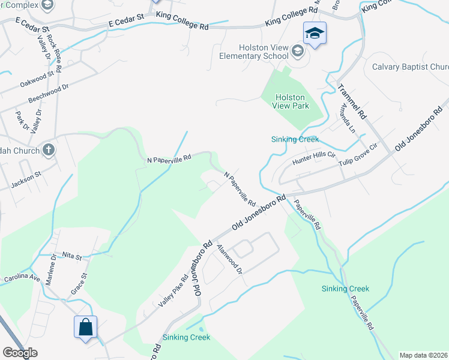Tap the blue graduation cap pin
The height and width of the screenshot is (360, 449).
point(314,34)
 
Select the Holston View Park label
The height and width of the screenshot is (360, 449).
point(291,101)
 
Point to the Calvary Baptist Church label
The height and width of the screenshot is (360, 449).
point(411,67)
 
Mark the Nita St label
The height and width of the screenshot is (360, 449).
point(70,256)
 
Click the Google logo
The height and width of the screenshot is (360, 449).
point(20,353)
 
